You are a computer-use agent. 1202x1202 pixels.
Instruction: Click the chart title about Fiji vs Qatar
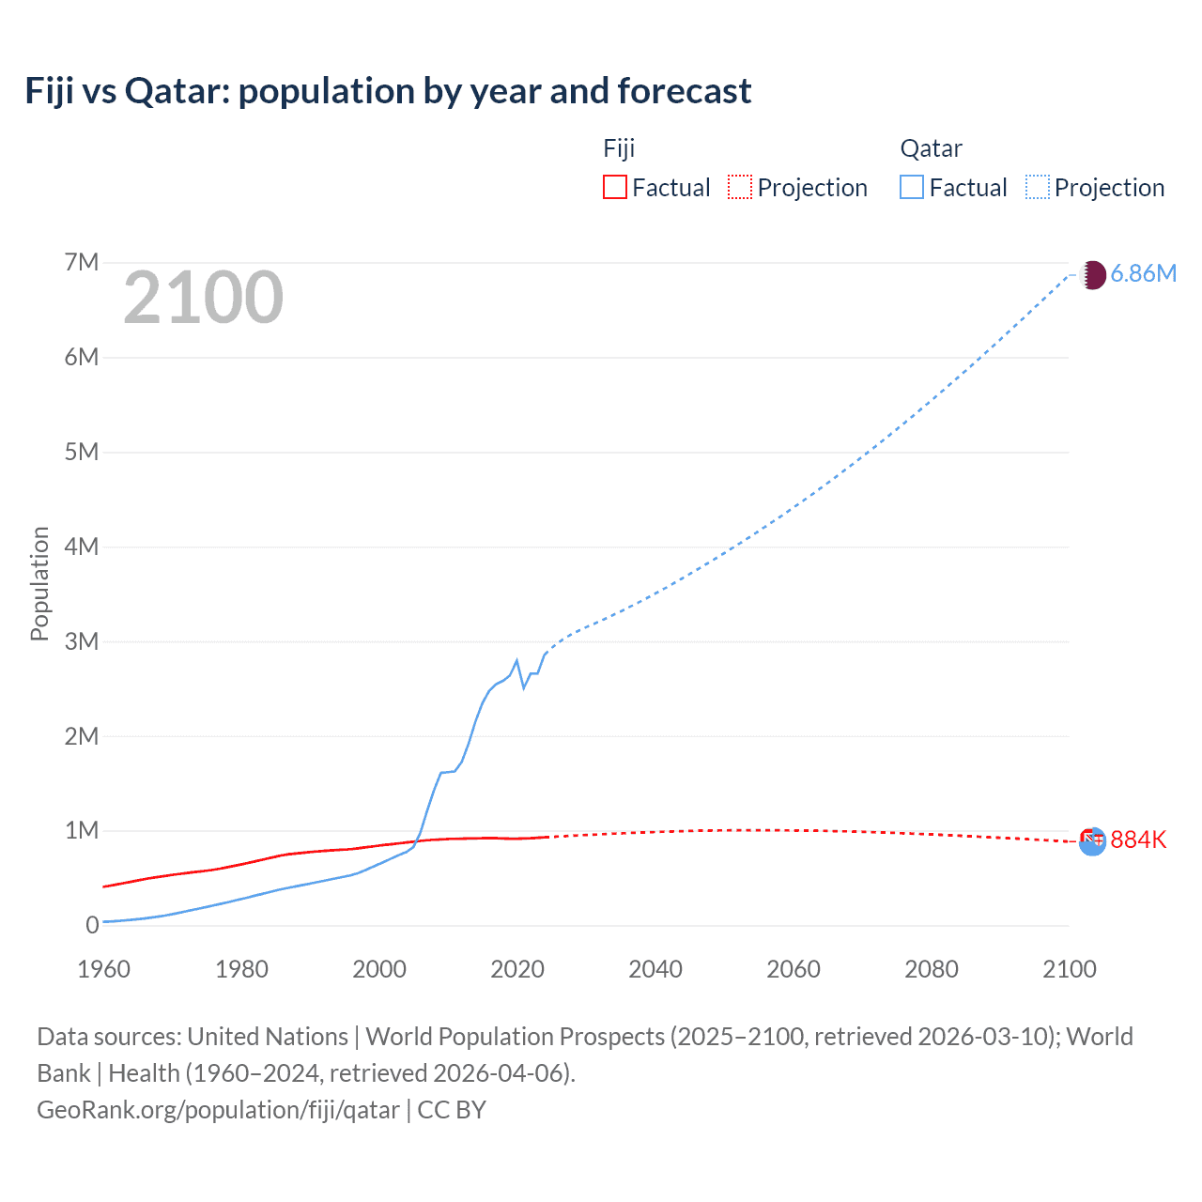388,91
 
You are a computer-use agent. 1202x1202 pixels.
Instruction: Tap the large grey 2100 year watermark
203,298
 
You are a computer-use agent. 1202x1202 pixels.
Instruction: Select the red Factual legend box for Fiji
614,187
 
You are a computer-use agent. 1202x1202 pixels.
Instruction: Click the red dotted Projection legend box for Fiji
740,187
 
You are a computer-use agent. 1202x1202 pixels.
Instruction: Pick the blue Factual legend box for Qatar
912,187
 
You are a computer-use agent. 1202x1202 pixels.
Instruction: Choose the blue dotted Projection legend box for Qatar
1038,187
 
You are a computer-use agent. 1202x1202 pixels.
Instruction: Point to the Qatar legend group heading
931,148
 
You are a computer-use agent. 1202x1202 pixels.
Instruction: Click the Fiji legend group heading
619,148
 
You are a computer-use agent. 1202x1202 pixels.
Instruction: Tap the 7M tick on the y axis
82,262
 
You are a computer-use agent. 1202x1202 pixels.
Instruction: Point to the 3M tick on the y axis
82,641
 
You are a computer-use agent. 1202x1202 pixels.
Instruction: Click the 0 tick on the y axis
92,925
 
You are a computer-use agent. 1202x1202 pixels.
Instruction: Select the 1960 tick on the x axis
103,969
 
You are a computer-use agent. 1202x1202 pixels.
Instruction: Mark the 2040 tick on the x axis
655,969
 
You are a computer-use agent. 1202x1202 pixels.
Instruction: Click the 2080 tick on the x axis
932,969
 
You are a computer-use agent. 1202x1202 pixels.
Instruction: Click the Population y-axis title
39,583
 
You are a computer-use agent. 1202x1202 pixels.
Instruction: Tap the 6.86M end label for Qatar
1143,273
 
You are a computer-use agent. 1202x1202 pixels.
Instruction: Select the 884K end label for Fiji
1138,840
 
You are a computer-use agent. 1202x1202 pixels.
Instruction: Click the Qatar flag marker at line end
1092,275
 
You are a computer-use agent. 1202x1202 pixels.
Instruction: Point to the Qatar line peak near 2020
516,661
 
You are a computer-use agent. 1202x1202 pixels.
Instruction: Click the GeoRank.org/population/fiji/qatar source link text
218,1110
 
